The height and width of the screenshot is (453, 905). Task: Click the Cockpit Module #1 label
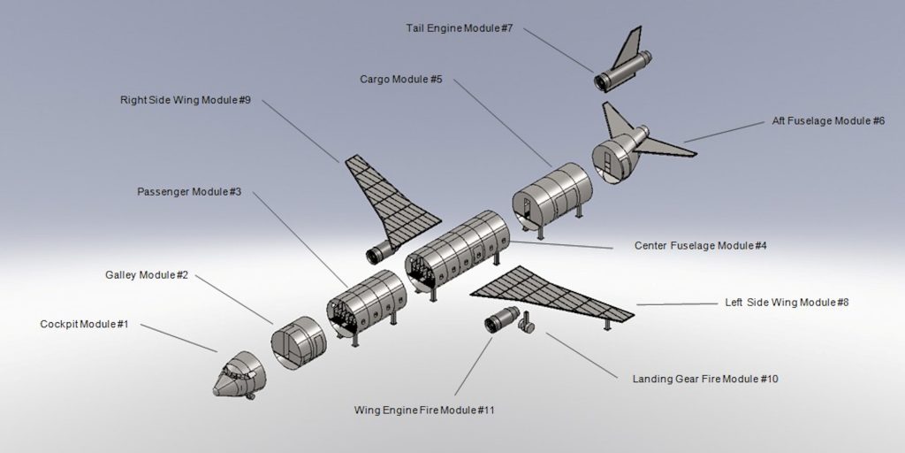click(x=85, y=325)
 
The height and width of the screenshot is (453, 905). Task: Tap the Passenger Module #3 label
click(x=189, y=192)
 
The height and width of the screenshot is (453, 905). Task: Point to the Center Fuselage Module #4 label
click(x=700, y=245)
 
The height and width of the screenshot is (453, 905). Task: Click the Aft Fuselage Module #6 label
click(x=828, y=120)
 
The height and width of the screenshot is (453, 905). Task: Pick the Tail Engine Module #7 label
click(x=460, y=28)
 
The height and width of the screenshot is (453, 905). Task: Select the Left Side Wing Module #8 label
click(x=787, y=303)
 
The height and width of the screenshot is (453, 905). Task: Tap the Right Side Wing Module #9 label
click(x=186, y=100)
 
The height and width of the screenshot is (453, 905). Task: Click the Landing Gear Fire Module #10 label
click(x=705, y=379)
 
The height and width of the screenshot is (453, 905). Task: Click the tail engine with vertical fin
click(x=623, y=65)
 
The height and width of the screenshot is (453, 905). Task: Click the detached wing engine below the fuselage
click(x=500, y=319)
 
